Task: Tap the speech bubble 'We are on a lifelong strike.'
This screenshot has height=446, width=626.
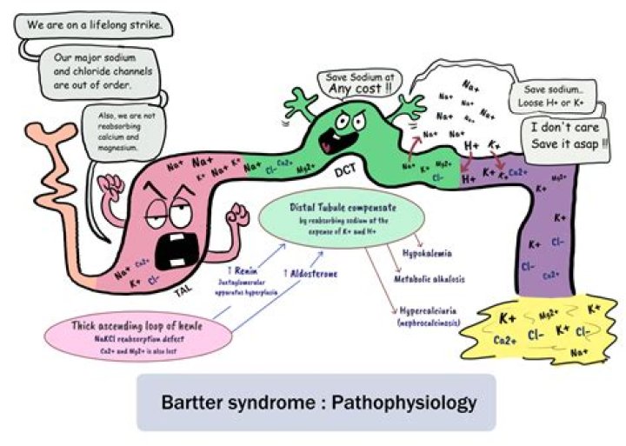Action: coord(92,25)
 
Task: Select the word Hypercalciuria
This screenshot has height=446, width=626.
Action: coord(432,308)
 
